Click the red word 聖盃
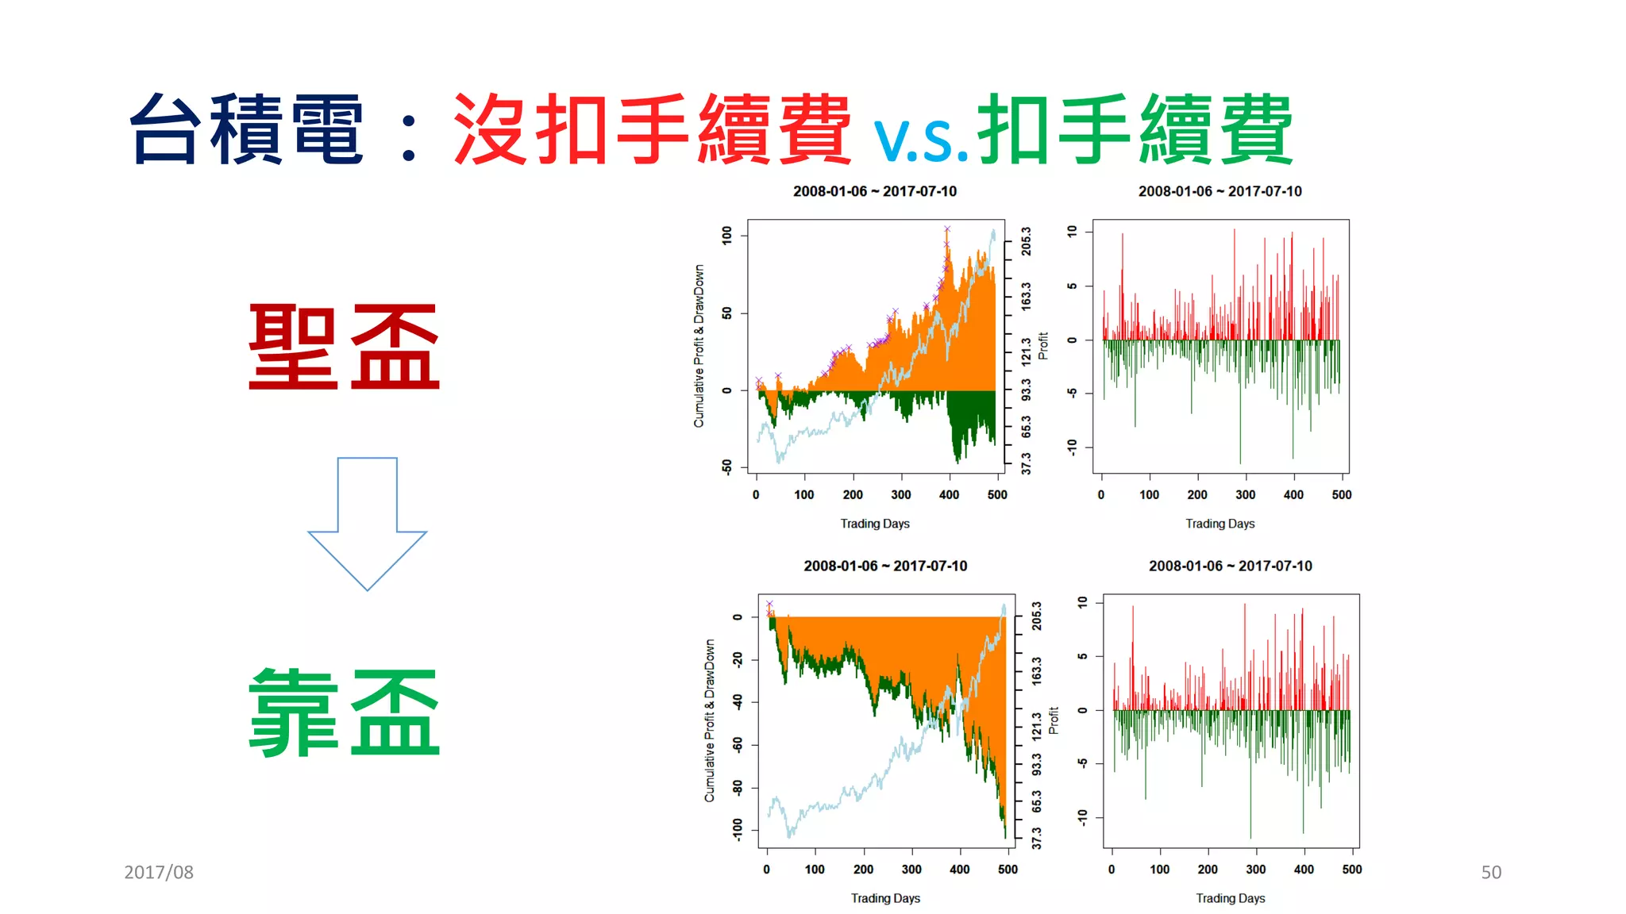344,347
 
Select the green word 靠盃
344,712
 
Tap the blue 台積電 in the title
247,129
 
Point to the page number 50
1490,872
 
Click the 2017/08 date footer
159,872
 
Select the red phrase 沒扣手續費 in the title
651,129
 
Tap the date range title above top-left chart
874,191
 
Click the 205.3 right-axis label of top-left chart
1026,240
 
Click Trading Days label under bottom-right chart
1230,898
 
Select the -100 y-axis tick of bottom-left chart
738,830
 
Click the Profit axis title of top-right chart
1043,346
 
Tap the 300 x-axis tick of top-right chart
1245,494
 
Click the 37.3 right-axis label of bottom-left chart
1036,838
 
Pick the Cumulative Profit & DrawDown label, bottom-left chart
709,720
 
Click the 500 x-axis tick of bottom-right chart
1351,869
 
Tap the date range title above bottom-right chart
1230,566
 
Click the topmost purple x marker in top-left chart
946,229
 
